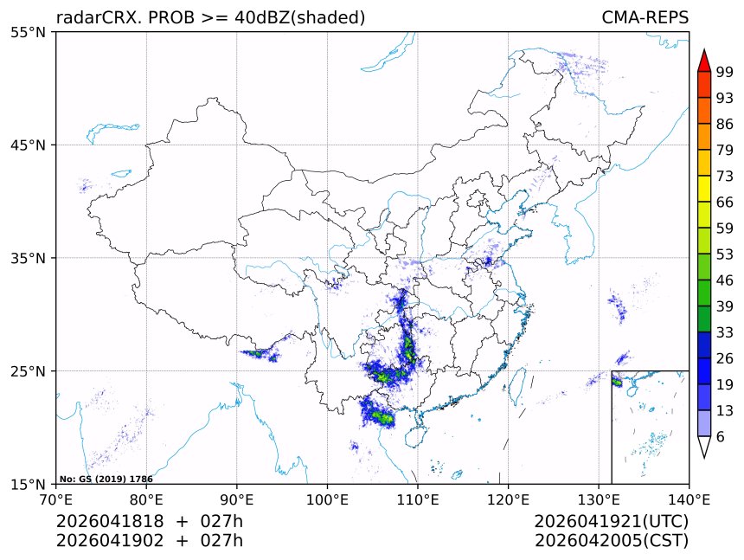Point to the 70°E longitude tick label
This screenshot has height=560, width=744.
(x=56, y=499)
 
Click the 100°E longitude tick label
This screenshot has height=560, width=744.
(x=327, y=499)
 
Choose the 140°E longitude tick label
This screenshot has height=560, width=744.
(x=689, y=499)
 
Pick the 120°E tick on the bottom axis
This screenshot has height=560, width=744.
(x=508, y=499)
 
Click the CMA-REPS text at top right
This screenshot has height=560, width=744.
(x=645, y=17)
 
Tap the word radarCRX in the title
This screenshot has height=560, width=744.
(x=90, y=17)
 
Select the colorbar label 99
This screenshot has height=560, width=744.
(x=725, y=72)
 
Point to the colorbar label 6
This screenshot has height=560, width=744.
(x=721, y=436)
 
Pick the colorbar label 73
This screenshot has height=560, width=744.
(x=725, y=177)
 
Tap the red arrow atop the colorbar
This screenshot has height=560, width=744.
(x=704, y=60)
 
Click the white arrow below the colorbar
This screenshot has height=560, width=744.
(x=704, y=447)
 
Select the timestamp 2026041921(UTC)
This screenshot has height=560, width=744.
(x=611, y=522)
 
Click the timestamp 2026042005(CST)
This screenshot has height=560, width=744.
(x=611, y=541)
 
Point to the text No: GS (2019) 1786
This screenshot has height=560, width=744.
(x=106, y=479)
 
